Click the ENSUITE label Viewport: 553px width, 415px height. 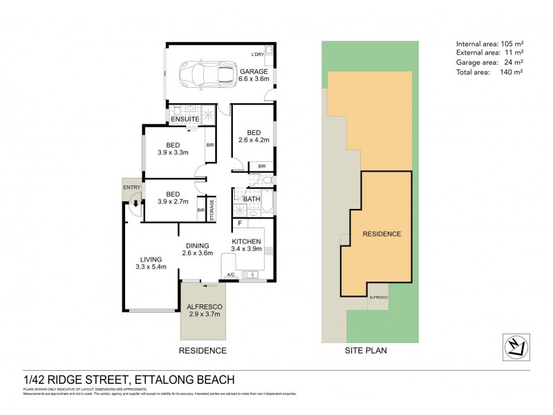coord(186,119)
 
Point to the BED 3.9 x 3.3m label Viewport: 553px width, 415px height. coord(172,149)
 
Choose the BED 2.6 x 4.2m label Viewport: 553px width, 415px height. coord(254,136)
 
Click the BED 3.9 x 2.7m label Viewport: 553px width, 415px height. coord(172,198)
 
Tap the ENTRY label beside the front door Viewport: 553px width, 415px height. coord(131,187)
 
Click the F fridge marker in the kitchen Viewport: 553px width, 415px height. coord(239,224)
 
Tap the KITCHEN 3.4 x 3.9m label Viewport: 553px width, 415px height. coord(247,246)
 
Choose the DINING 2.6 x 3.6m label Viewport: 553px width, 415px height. coord(197,249)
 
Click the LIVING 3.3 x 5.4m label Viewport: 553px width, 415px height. coord(151,263)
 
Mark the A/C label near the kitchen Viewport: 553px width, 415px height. coord(231,276)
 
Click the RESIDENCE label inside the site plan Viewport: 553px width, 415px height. coord(382,234)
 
